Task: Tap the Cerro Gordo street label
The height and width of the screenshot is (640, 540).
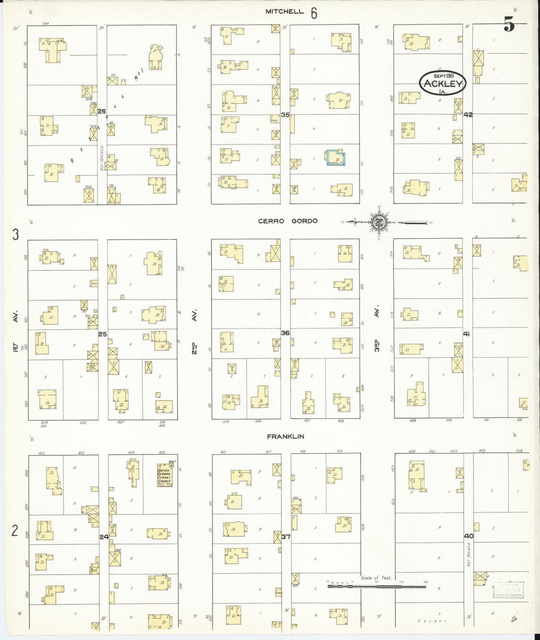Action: [x=288, y=221]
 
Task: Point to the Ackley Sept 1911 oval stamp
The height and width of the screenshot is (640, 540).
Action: [x=443, y=83]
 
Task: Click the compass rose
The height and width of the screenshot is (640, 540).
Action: [x=380, y=222]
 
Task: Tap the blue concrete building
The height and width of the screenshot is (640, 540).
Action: [x=336, y=158]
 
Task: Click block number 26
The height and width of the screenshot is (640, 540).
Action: [x=102, y=111]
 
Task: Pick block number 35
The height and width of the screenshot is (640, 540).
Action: [x=285, y=115]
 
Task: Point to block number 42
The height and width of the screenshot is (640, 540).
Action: [x=468, y=115]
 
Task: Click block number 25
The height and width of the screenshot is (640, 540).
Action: [x=102, y=334]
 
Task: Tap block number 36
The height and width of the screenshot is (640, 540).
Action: [x=285, y=333]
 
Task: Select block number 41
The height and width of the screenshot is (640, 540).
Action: [x=466, y=334]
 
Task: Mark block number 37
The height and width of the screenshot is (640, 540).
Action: [x=286, y=537]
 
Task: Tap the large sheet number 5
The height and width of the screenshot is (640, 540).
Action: [x=509, y=25]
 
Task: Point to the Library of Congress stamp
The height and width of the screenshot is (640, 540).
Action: [x=509, y=590]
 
